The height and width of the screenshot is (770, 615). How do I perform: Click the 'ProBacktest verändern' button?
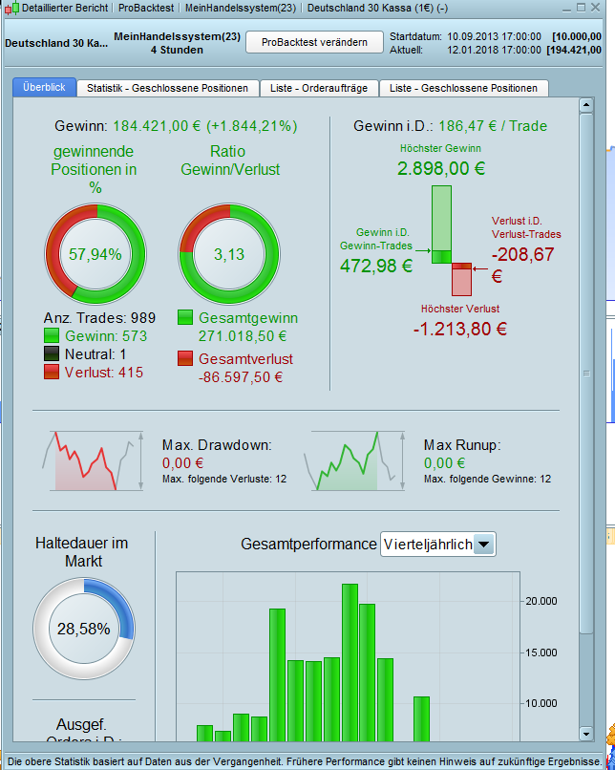pos(314,43)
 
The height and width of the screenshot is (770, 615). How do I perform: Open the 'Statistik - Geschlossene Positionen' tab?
pos(167,88)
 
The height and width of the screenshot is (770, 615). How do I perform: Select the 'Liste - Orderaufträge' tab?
pos(319,88)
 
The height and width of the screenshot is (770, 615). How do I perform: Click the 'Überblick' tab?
pos(44,87)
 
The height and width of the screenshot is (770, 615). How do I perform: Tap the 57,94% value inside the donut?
pos(95,254)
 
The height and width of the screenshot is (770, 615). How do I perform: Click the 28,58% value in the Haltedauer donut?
pos(83,630)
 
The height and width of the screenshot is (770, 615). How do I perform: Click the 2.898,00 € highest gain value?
pos(440,169)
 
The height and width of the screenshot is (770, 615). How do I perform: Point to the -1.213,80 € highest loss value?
pos(460,329)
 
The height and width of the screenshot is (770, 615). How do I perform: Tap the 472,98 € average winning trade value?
pos(376,266)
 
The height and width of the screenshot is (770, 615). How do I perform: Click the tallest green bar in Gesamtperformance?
pos(350,662)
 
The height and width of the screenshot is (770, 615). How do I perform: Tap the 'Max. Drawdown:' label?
pos(218,445)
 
